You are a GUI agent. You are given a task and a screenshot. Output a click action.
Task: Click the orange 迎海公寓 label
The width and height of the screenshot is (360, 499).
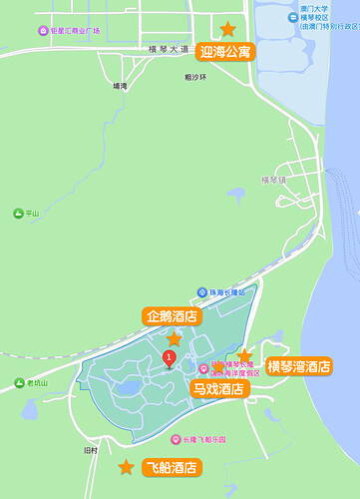tap(225, 52)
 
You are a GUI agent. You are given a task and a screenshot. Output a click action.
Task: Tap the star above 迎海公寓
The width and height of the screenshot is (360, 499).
tap(228, 30)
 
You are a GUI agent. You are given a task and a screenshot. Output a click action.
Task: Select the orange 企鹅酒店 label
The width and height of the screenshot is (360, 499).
tap(173, 317)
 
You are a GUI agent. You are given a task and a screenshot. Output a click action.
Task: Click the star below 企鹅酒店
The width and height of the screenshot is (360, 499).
tap(175, 339)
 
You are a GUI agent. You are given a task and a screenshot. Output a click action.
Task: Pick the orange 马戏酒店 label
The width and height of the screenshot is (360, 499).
tap(219, 388)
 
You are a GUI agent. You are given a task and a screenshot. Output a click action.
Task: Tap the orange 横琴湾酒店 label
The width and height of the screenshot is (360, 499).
tap(299, 367)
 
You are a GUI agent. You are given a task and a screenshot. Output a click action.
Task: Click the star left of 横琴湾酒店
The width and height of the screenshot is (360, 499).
tap(245, 356)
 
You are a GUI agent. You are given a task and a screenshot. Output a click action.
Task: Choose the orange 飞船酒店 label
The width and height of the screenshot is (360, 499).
tap(171, 467)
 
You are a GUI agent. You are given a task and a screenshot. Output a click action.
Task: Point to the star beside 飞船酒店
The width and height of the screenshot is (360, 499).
tap(126, 467)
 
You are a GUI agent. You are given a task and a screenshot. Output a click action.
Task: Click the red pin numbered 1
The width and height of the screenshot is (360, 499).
tap(170, 358)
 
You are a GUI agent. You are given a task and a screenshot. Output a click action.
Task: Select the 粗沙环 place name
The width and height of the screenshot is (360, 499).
tap(195, 76)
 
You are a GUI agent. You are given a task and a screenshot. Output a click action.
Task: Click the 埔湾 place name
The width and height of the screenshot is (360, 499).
tap(121, 86)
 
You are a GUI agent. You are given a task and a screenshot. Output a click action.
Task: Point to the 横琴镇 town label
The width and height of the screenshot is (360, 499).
tap(273, 181)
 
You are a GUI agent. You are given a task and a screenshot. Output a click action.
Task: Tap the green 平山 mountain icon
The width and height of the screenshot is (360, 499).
tap(18, 213)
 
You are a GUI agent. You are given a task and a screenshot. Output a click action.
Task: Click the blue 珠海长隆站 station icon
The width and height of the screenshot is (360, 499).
tap(202, 292)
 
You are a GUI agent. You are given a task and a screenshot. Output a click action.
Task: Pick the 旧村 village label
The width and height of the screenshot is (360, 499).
tap(91, 450)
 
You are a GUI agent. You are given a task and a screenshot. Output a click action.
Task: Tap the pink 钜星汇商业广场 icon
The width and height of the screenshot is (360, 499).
tap(43, 31)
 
